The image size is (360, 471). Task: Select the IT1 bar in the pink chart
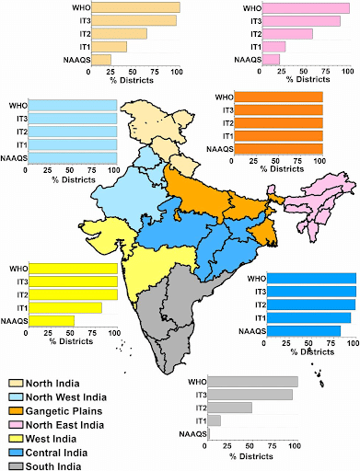274,47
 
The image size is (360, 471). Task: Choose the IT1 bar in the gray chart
215,420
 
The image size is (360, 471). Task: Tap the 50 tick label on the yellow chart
72,333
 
